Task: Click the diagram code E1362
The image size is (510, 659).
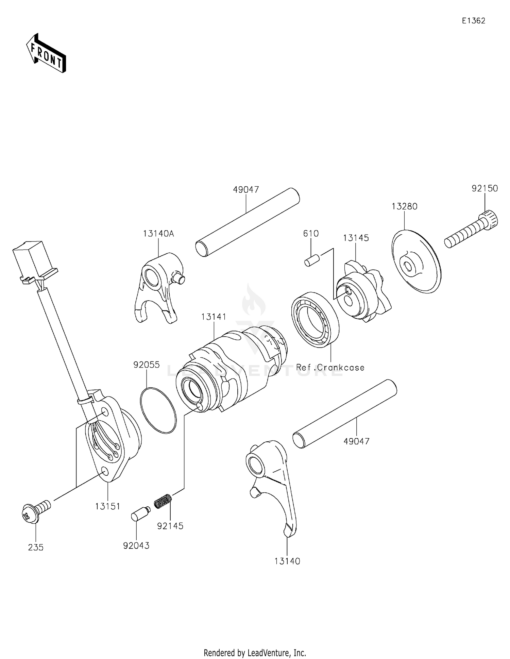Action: [x=473, y=21]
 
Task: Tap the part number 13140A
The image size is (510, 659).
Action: [x=158, y=234]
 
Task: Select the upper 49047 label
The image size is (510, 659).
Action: [x=246, y=190]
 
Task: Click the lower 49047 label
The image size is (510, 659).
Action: [x=356, y=441]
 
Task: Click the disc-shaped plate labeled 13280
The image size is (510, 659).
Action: [x=417, y=262]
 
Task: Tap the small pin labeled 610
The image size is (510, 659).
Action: [x=312, y=262]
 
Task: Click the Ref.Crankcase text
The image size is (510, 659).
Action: [x=330, y=368]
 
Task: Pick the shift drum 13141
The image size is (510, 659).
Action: [x=231, y=367]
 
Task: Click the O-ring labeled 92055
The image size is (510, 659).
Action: [x=158, y=411]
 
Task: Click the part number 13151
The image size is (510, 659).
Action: [x=107, y=506]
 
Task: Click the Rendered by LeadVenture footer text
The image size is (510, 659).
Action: [x=255, y=653]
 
